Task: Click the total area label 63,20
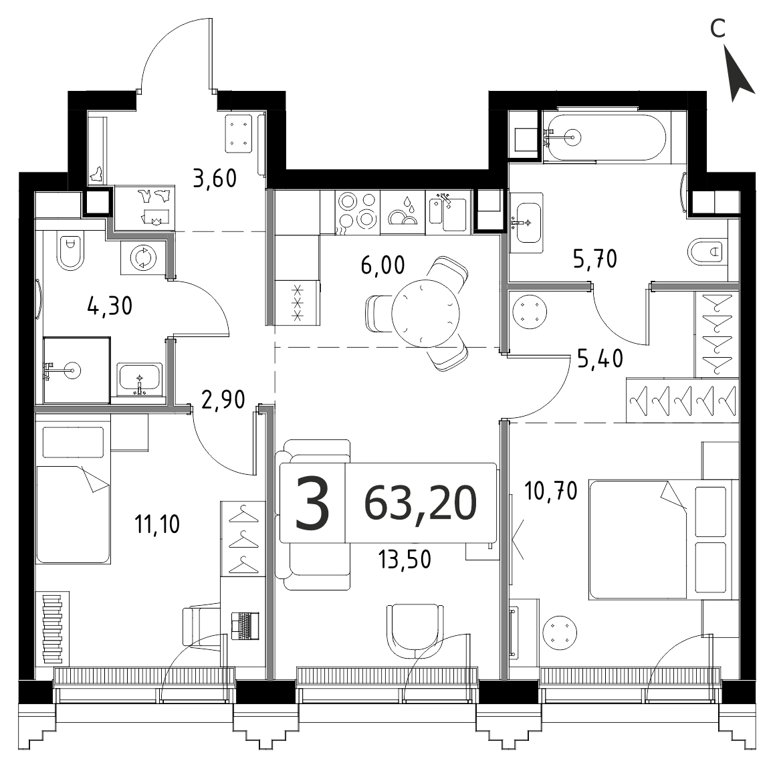click(x=420, y=503)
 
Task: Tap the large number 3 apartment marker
click(x=312, y=504)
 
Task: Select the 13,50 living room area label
click(x=405, y=560)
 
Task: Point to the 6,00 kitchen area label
click(x=382, y=265)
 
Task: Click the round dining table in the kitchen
click(x=425, y=313)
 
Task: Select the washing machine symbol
click(x=143, y=258)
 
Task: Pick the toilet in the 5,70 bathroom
click(x=705, y=252)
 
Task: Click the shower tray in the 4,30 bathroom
click(x=77, y=370)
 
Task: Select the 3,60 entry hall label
click(x=215, y=179)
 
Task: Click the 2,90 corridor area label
click(x=223, y=399)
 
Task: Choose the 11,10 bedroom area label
click(x=157, y=524)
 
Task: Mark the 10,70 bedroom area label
click(x=550, y=491)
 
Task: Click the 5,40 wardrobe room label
click(x=600, y=359)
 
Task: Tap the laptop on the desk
click(x=245, y=626)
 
